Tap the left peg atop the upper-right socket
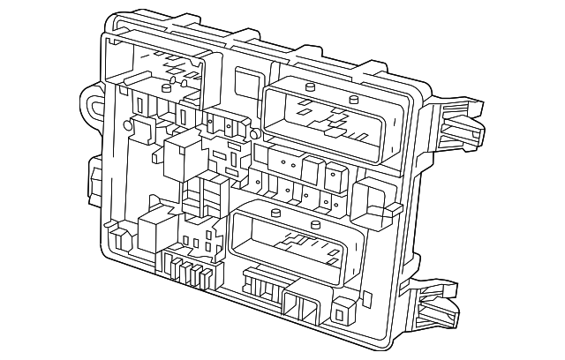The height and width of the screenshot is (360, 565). tap(312, 86)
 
